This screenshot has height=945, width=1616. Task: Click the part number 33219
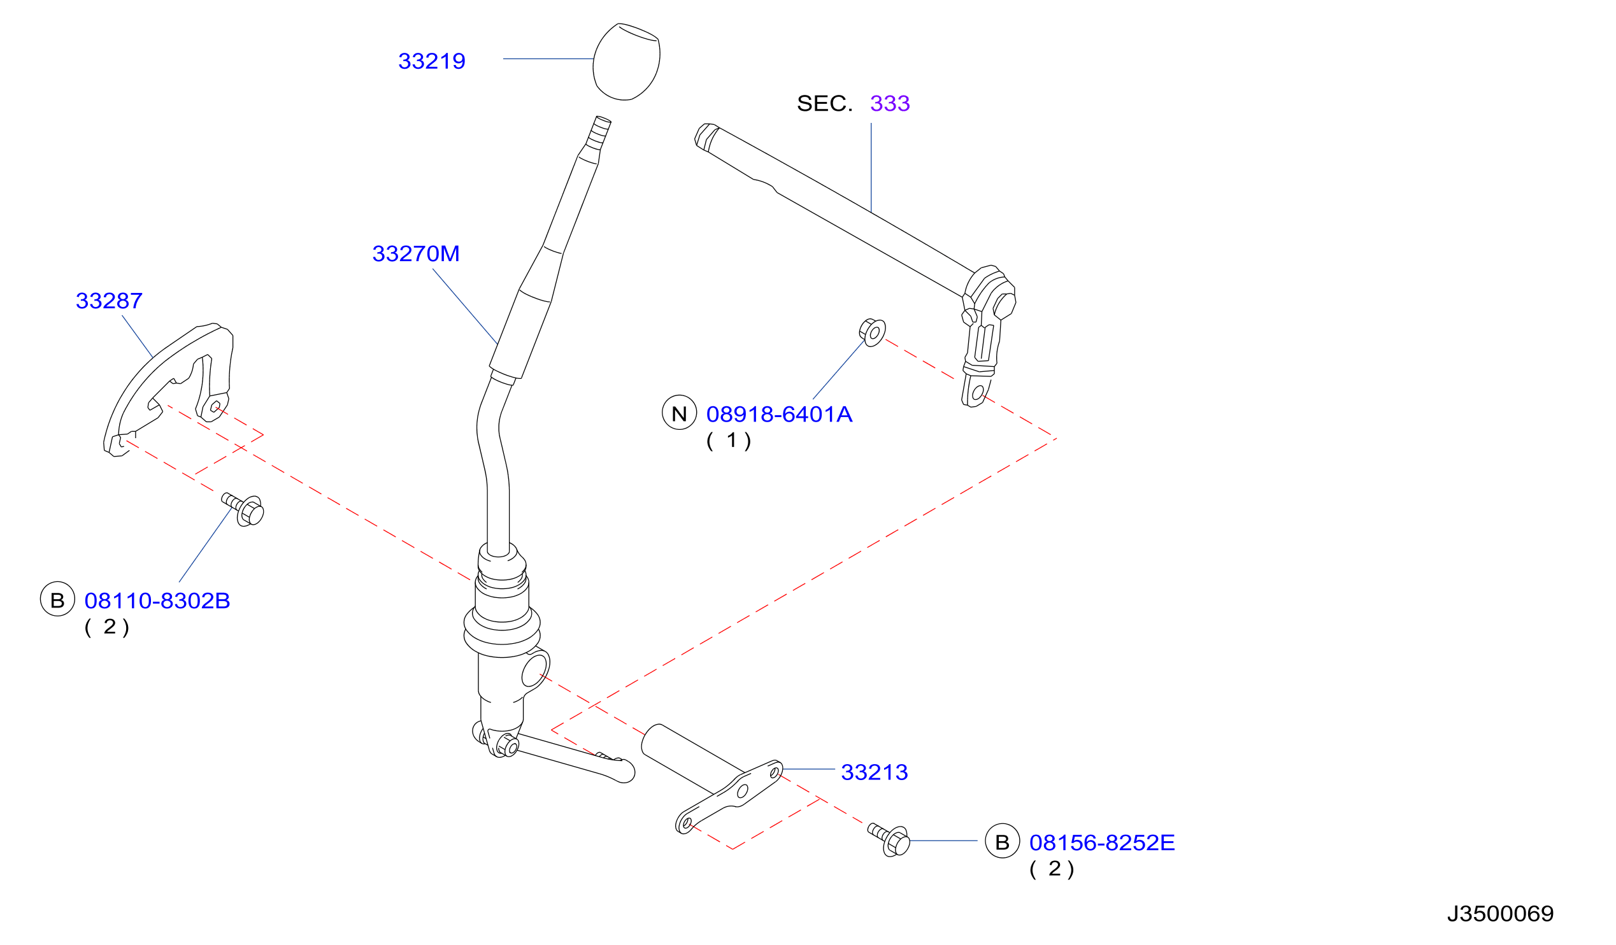click(x=432, y=62)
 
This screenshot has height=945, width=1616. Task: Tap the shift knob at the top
click(x=627, y=62)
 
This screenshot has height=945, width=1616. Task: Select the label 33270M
click(x=415, y=254)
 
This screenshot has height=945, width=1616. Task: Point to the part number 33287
click(x=109, y=301)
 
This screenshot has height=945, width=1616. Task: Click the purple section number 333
click(x=890, y=103)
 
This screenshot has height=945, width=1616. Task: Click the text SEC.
click(x=825, y=103)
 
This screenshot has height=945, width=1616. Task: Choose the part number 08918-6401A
click(x=779, y=414)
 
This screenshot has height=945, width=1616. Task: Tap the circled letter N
click(x=679, y=412)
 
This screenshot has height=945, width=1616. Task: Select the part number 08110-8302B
click(x=157, y=600)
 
